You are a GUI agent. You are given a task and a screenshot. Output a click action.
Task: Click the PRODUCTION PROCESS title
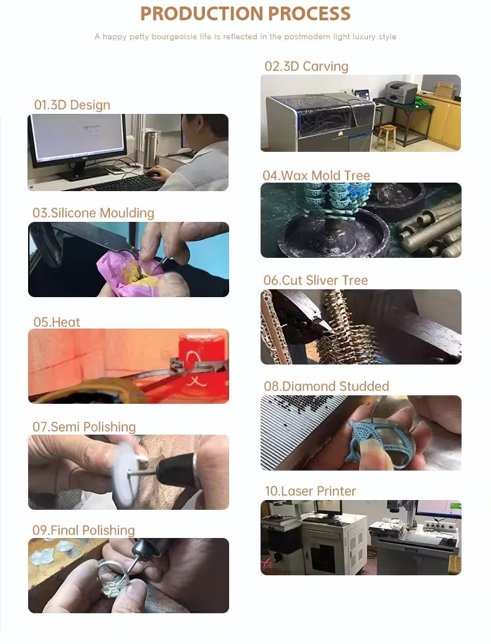(245, 14)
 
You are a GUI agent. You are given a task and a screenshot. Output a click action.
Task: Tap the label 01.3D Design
(72, 105)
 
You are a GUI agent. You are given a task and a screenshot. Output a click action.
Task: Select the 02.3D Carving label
(306, 66)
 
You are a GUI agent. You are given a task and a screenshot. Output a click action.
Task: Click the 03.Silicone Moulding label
(94, 213)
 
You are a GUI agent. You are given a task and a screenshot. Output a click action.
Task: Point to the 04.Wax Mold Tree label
(316, 175)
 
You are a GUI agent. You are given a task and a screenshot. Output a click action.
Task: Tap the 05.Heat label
(56, 322)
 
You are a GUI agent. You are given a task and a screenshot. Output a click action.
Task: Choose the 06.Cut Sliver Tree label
(316, 280)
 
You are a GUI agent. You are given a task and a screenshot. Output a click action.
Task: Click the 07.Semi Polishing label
(84, 427)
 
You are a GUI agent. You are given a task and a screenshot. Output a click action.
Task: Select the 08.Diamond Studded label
(326, 386)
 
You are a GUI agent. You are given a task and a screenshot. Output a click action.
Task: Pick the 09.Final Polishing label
(84, 530)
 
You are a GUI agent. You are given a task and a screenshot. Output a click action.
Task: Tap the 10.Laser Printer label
(310, 491)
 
